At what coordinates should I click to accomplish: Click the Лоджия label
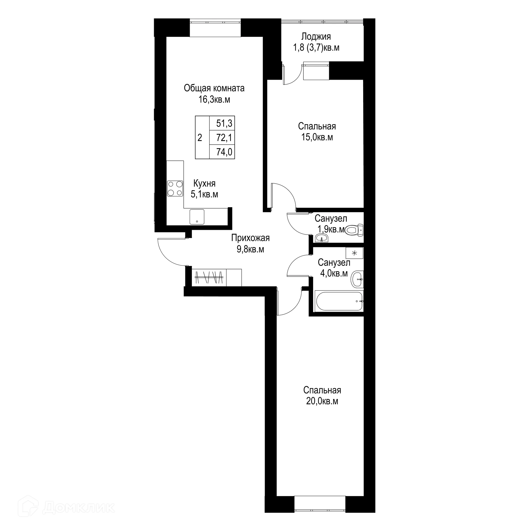click(x=316, y=37)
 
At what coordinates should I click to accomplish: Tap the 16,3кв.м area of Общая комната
click(x=214, y=100)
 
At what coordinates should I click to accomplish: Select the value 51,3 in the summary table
click(x=224, y=123)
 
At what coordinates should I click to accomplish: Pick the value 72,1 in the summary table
click(x=224, y=137)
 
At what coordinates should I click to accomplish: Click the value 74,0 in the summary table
click(x=224, y=152)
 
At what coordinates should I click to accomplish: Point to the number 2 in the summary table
click(x=200, y=137)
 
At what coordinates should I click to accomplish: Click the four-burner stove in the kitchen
click(x=175, y=188)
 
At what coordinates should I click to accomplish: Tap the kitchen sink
click(x=197, y=217)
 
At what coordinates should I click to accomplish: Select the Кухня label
click(x=204, y=183)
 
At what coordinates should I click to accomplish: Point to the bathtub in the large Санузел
click(x=339, y=301)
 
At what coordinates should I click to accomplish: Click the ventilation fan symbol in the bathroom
click(x=354, y=253)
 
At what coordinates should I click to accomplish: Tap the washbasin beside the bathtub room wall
click(x=357, y=279)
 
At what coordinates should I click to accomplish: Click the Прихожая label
click(x=250, y=238)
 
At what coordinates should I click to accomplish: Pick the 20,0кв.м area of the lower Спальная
click(x=322, y=401)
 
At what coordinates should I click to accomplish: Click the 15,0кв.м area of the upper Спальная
click(x=317, y=137)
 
